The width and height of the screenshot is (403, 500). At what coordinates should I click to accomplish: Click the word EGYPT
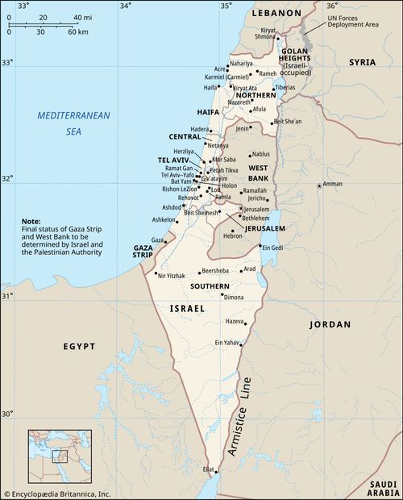[80, 346]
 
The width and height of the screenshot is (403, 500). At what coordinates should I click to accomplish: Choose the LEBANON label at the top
[276, 14]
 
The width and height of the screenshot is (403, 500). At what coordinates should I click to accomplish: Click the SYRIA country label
[362, 62]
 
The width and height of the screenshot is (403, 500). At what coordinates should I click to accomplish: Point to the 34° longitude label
[125, 6]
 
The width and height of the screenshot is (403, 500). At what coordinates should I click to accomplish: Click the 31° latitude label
[6, 296]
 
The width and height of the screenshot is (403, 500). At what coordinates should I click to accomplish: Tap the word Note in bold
[31, 221]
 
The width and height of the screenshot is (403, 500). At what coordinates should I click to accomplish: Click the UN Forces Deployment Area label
[352, 21]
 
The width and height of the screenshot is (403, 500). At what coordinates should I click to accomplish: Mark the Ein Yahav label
[227, 343]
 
